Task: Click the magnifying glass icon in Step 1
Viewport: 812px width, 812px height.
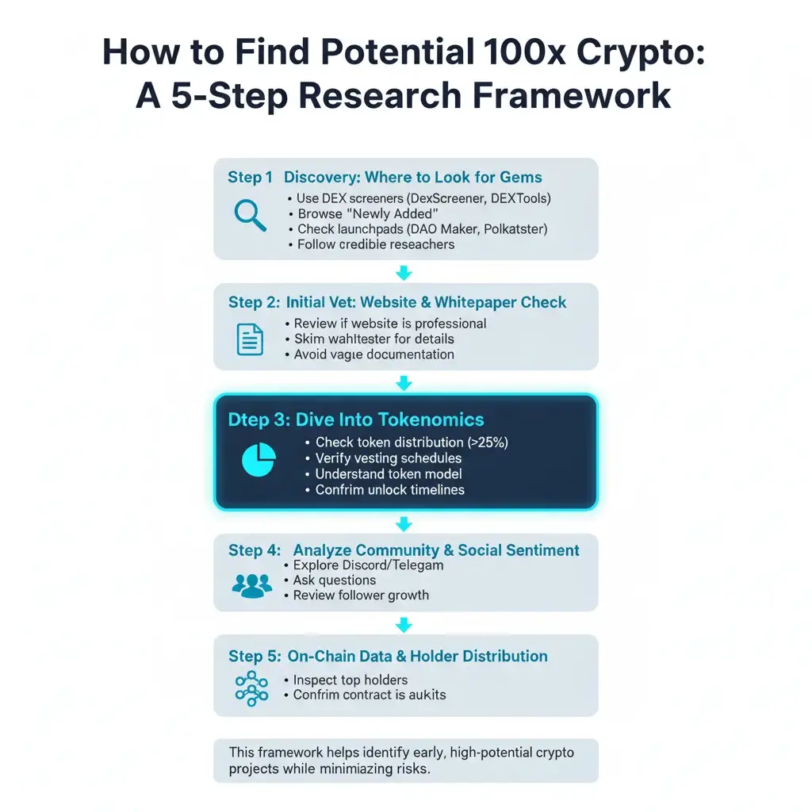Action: [x=250, y=214]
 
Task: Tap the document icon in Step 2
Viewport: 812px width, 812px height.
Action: [x=251, y=339]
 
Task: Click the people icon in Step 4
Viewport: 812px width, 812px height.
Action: [x=251, y=585]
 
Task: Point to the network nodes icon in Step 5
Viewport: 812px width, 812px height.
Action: [x=251, y=688]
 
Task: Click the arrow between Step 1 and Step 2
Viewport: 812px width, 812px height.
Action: [x=404, y=273]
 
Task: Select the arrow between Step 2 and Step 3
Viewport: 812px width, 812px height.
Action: [x=404, y=383]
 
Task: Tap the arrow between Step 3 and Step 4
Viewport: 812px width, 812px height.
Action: [x=404, y=524]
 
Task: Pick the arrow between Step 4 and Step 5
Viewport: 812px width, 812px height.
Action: [x=404, y=625]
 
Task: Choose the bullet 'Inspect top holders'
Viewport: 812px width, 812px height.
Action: [x=350, y=680]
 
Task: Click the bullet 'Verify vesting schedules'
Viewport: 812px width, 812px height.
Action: [x=389, y=458]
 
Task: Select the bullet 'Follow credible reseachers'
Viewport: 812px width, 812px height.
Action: [x=376, y=244]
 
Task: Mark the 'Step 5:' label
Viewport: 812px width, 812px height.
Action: [x=255, y=657]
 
